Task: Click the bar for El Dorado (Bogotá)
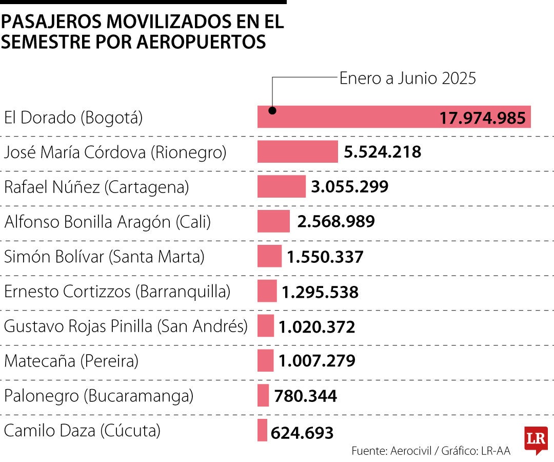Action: coord(349,117)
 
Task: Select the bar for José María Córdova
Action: coord(298,151)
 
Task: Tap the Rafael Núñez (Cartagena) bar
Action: coord(281,186)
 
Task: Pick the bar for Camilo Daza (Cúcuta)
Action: coord(262,430)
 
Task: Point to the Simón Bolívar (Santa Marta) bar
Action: coord(269,256)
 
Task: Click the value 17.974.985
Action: coord(482,118)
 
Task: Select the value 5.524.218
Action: coord(383,152)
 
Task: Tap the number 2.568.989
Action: coord(336,221)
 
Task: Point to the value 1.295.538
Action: coord(320,292)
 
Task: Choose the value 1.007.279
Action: coord(317,360)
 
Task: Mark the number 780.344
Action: coord(306,396)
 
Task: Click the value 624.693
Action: coord(302,432)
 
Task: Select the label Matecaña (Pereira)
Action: coord(71,361)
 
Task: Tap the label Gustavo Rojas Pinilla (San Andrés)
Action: coord(126,326)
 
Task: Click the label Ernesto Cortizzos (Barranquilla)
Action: coord(117,291)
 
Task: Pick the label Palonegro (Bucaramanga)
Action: coord(98,396)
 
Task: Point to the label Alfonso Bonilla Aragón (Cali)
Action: coord(107,222)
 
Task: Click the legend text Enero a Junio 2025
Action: coord(408,78)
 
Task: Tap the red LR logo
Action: coord(536,439)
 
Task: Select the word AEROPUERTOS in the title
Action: coord(201,42)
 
